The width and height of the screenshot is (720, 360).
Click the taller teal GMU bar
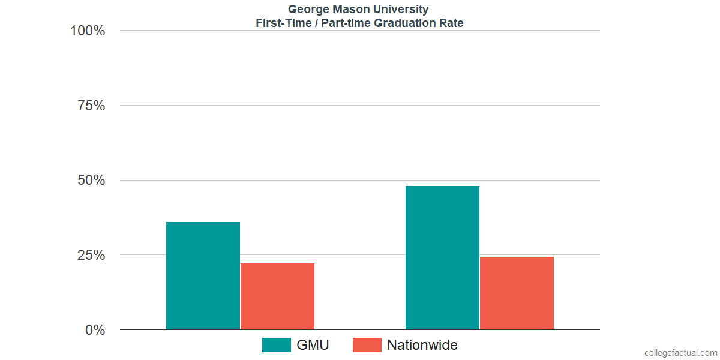[x=442, y=257]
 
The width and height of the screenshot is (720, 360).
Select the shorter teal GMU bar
[x=203, y=275]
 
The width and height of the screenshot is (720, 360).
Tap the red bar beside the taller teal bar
[x=517, y=293]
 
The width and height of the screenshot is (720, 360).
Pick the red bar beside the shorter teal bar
[x=277, y=296]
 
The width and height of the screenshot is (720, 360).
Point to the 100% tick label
[x=88, y=31]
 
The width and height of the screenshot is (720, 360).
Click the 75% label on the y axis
[x=91, y=106]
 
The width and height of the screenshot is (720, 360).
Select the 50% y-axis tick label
[x=91, y=181]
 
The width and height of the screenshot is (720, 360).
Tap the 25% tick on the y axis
[x=91, y=255]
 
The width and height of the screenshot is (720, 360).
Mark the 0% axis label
[x=95, y=330]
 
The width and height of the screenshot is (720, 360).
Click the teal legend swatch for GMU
[x=277, y=345]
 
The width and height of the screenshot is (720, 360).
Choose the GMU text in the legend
[x=313, y=345]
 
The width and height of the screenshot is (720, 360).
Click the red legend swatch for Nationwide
[x=367, y=345]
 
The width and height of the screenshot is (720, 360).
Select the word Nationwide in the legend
[x=422, y=345]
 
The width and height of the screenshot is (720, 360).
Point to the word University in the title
[x=400, y=10]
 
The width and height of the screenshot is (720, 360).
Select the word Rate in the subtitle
[x=452, y=23]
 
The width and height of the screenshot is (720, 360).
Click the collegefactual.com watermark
[x=680, y=353]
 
